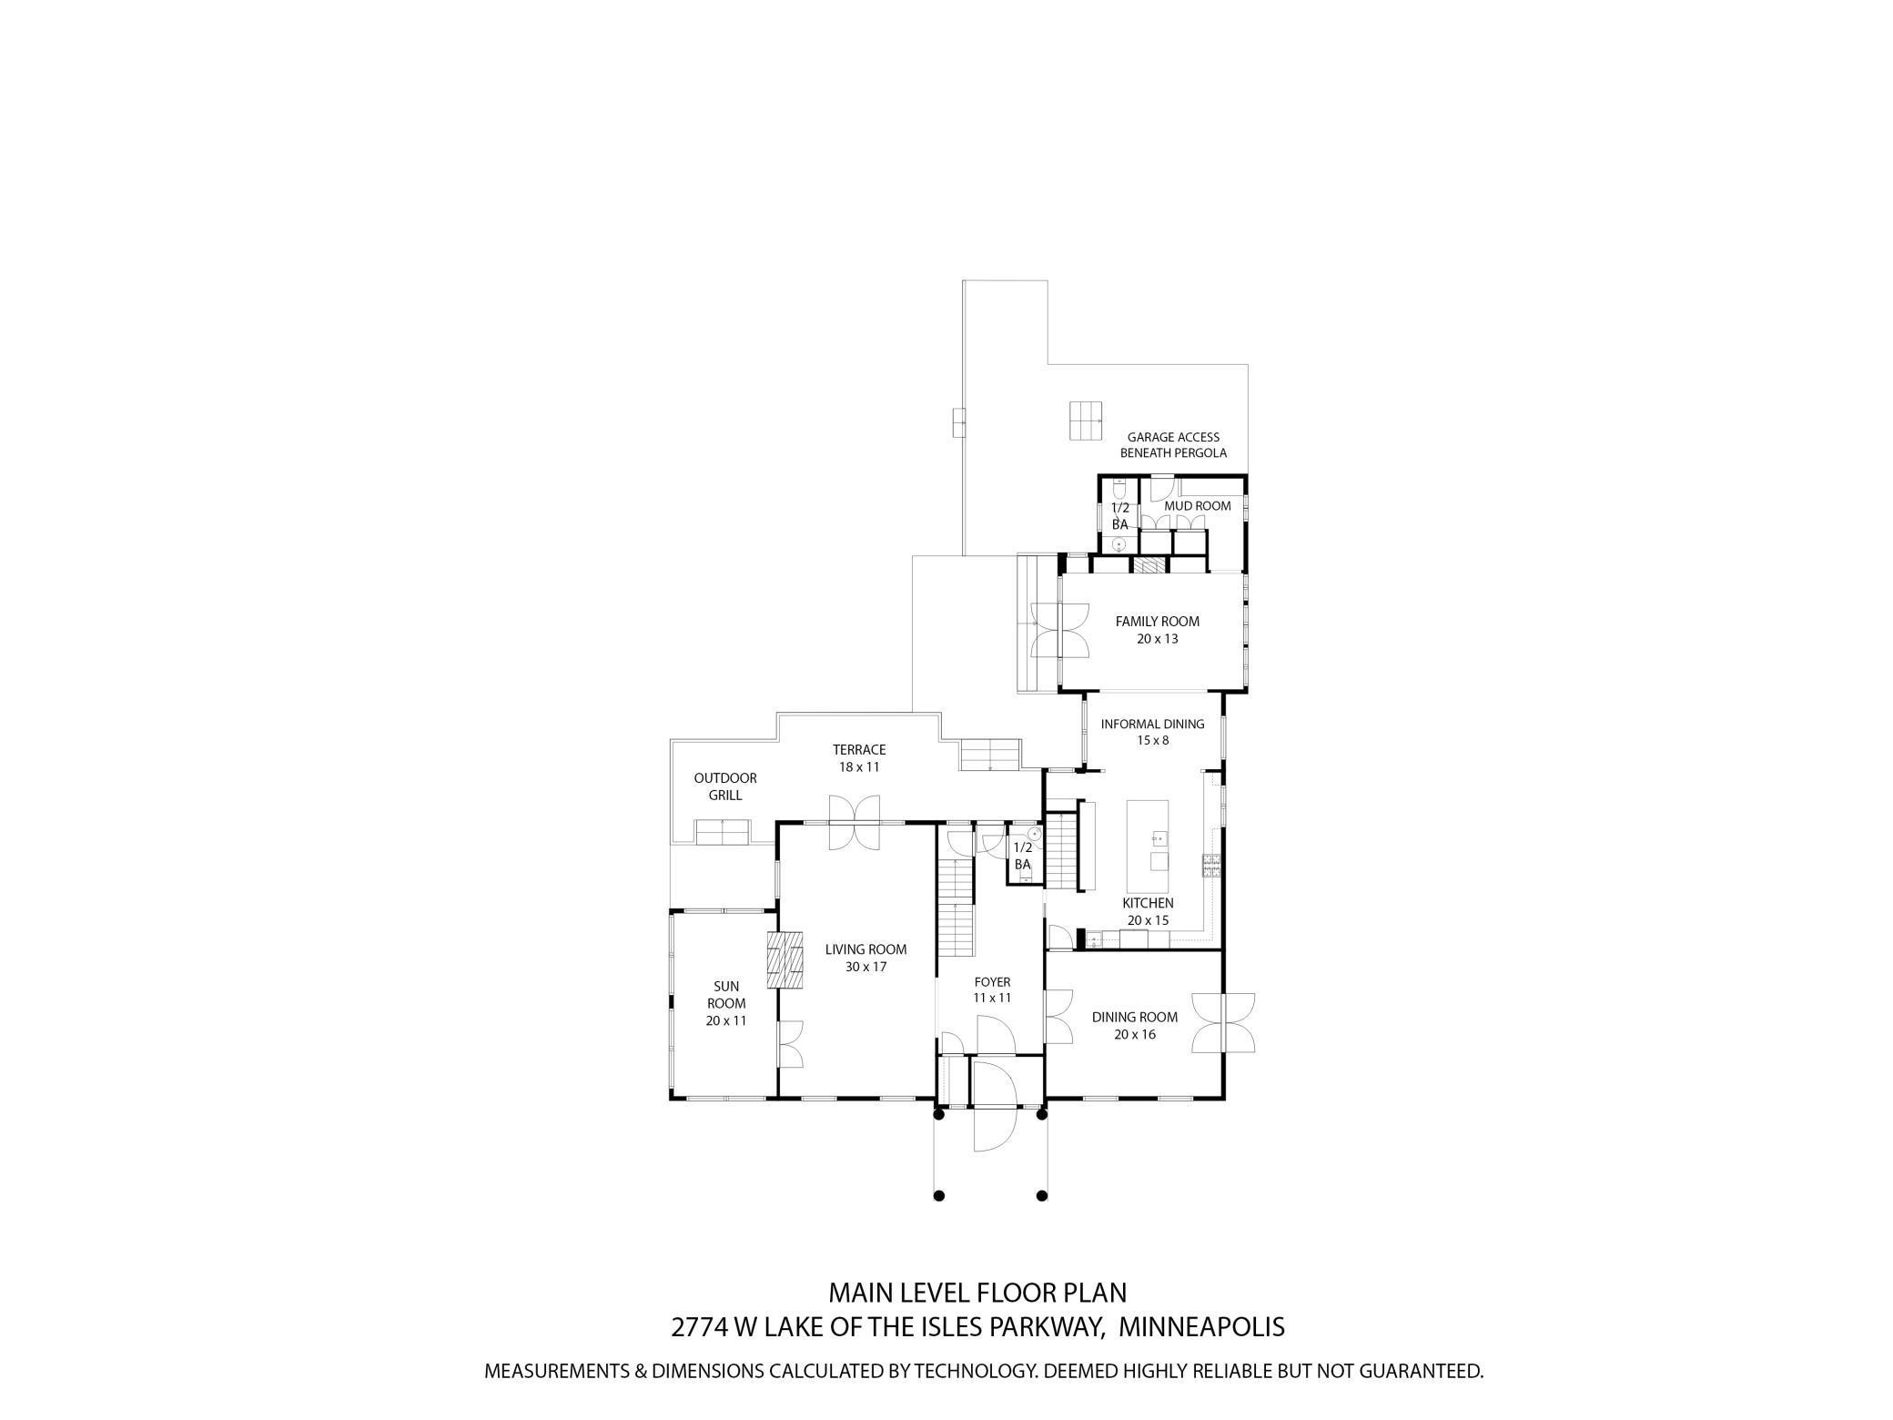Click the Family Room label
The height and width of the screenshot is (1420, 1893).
coord(1157,622)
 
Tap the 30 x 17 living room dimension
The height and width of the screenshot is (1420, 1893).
coord(866,967)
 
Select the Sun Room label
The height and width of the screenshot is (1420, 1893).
coord(725,995)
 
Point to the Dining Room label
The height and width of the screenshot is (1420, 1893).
coord(1134,1018)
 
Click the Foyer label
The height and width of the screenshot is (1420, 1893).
coord(992,982)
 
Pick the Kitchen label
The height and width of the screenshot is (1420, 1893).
coord(1147,903)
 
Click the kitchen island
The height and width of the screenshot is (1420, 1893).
coord(1147,847)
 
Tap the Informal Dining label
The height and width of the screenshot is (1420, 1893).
coord(1152,725)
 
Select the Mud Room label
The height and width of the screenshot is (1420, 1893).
coord(1197,506)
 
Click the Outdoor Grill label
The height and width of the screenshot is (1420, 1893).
coord(725,786)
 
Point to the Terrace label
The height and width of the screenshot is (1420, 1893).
coord(858,750)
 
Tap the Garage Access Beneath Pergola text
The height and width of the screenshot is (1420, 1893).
coord(1173,445)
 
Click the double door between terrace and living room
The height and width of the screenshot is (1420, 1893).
coord(854,823)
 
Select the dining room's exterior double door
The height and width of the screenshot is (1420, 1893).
coord(1223,1024)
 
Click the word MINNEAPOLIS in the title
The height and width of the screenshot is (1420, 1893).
coord(1200,1327)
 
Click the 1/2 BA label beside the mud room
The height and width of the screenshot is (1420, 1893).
coord(1119,516)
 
